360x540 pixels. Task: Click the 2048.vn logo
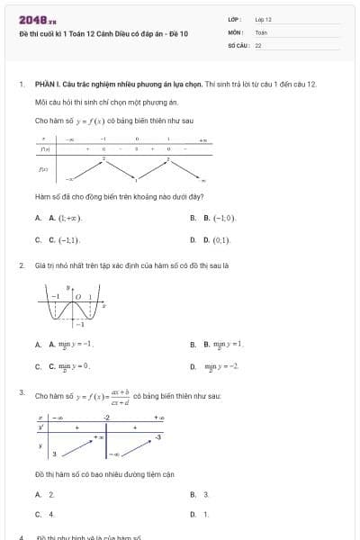coord(37,20)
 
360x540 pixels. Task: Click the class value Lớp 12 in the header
coord(263,19)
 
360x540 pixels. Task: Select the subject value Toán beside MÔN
coord(261,31)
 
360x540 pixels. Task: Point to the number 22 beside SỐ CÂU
coord(258,44)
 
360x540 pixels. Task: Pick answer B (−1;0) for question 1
coord(219,219)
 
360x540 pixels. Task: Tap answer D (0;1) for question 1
coord(217,240)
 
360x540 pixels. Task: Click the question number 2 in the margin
coord(22,265)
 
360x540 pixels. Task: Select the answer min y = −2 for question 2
coord(221,366)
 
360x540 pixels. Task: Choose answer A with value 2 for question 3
coord(51,494)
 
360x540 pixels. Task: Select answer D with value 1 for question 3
coord(206,514)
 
